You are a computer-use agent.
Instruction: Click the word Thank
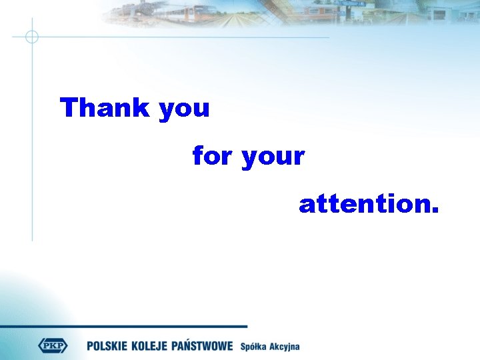[106, 107]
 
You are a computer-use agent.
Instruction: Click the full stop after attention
[435, 211]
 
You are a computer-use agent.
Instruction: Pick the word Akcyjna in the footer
[285, 347]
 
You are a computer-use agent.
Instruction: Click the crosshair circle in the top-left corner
[31, 37]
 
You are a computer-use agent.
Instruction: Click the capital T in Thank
[69, 107]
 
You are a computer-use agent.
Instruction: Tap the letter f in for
[197, 156]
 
